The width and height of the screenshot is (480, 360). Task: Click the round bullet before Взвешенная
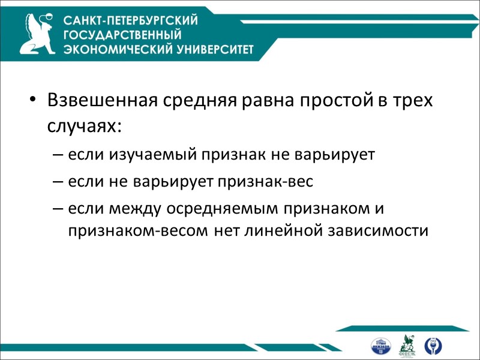tap(34, 100)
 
